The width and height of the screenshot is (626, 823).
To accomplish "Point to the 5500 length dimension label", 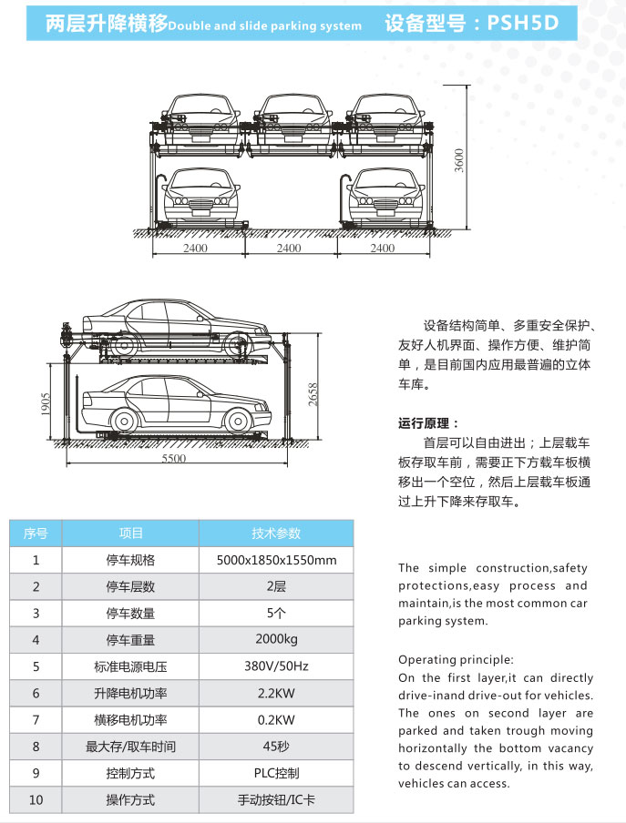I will [x=174, y=458].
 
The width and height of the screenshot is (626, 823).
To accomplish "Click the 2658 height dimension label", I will [x=313, y=396].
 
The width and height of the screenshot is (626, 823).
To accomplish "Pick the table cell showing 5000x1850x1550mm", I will [x=276, y=560].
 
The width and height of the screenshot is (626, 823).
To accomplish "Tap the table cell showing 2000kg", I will [x=276, y=639].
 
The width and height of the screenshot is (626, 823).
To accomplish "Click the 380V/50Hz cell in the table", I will [x=276, y=666].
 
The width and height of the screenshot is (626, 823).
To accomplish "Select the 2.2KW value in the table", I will [x=276, y=693].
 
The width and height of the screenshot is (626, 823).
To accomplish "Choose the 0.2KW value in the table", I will [x=276, y=719].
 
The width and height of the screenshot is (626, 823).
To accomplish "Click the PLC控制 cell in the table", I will [x=276, y=773].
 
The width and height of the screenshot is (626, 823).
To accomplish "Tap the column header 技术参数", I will [x=276, y=533].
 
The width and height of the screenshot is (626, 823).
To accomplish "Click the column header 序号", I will [x=36, y=533].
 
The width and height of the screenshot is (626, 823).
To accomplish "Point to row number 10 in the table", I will [x=36, y=800].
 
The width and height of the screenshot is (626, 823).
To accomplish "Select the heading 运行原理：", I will [x=429, y=423].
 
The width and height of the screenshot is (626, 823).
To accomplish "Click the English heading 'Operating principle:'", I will [x=456, y=659].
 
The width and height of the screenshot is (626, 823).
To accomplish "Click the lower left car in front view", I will [x=200, y=196].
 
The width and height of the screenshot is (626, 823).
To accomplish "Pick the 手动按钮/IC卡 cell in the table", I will [x=276, y=800].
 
